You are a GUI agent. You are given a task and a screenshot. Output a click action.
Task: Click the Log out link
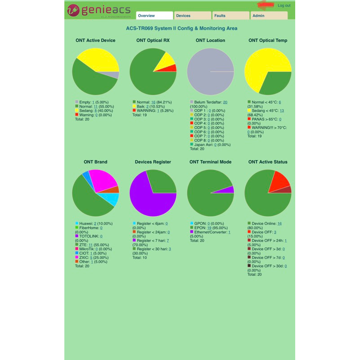284,5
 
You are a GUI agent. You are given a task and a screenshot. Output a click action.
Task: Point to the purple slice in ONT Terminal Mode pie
229,190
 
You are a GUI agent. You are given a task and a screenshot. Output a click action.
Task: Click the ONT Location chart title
210,40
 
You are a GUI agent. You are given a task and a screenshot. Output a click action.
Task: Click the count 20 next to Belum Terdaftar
225,102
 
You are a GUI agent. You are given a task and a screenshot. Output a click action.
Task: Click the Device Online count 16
279,224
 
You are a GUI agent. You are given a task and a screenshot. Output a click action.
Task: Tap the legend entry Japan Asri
204,145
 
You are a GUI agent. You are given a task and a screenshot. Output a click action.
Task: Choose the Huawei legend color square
77,223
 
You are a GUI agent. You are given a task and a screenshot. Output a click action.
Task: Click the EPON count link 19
209,228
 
